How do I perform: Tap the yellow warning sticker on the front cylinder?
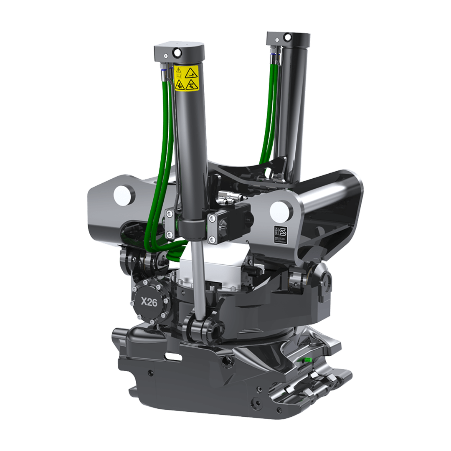(186, 78)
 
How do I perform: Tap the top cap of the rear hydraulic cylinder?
(288, 38)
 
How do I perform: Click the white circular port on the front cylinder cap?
(177, 52)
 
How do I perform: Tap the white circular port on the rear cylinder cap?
(287, 37)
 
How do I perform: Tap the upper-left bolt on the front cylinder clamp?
(170, 213)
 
